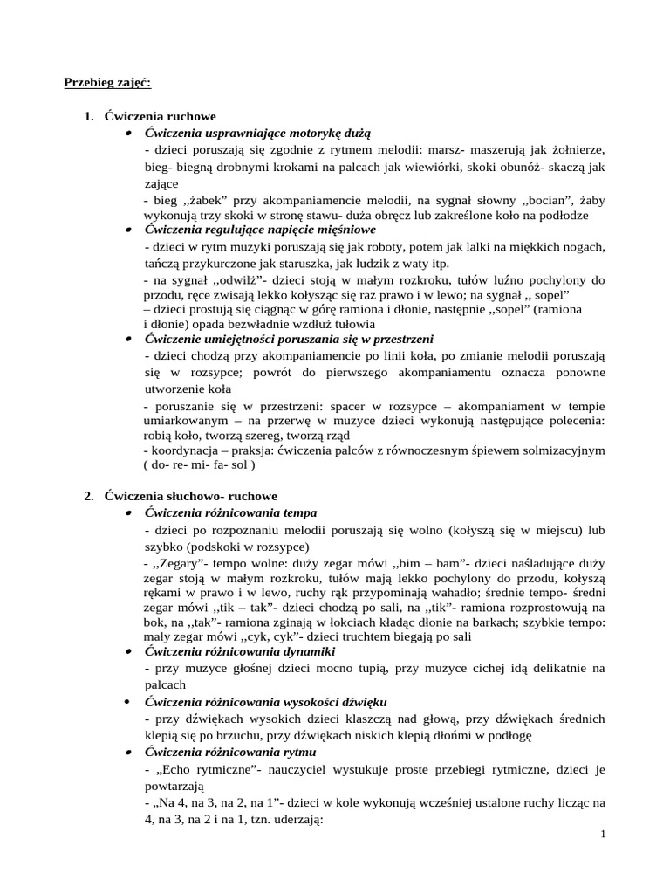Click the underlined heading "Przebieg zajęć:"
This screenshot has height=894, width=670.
pyautogui.click(x=107, y=83)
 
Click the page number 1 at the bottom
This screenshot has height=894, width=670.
pyautogui.click(x=603, y=835)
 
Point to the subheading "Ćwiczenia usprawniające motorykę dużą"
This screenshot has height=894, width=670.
pyautogui.click(x=257, y=132)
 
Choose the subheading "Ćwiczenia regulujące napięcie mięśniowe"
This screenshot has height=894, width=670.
pyautogui.click(x=260, y=229)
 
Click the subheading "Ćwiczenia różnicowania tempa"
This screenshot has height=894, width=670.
pyautogui.click(x=231, y=512)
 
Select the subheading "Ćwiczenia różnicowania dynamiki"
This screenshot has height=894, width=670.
pyautogui.click(x=240, y=651)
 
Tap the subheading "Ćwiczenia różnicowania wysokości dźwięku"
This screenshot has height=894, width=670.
pyautogui.click(x=266, y=702)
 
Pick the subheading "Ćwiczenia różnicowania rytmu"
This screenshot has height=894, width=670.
pyautogui.click(x=231, y=752)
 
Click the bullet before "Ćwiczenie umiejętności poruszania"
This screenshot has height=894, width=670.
pyautogui.click(x=127, y=339)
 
